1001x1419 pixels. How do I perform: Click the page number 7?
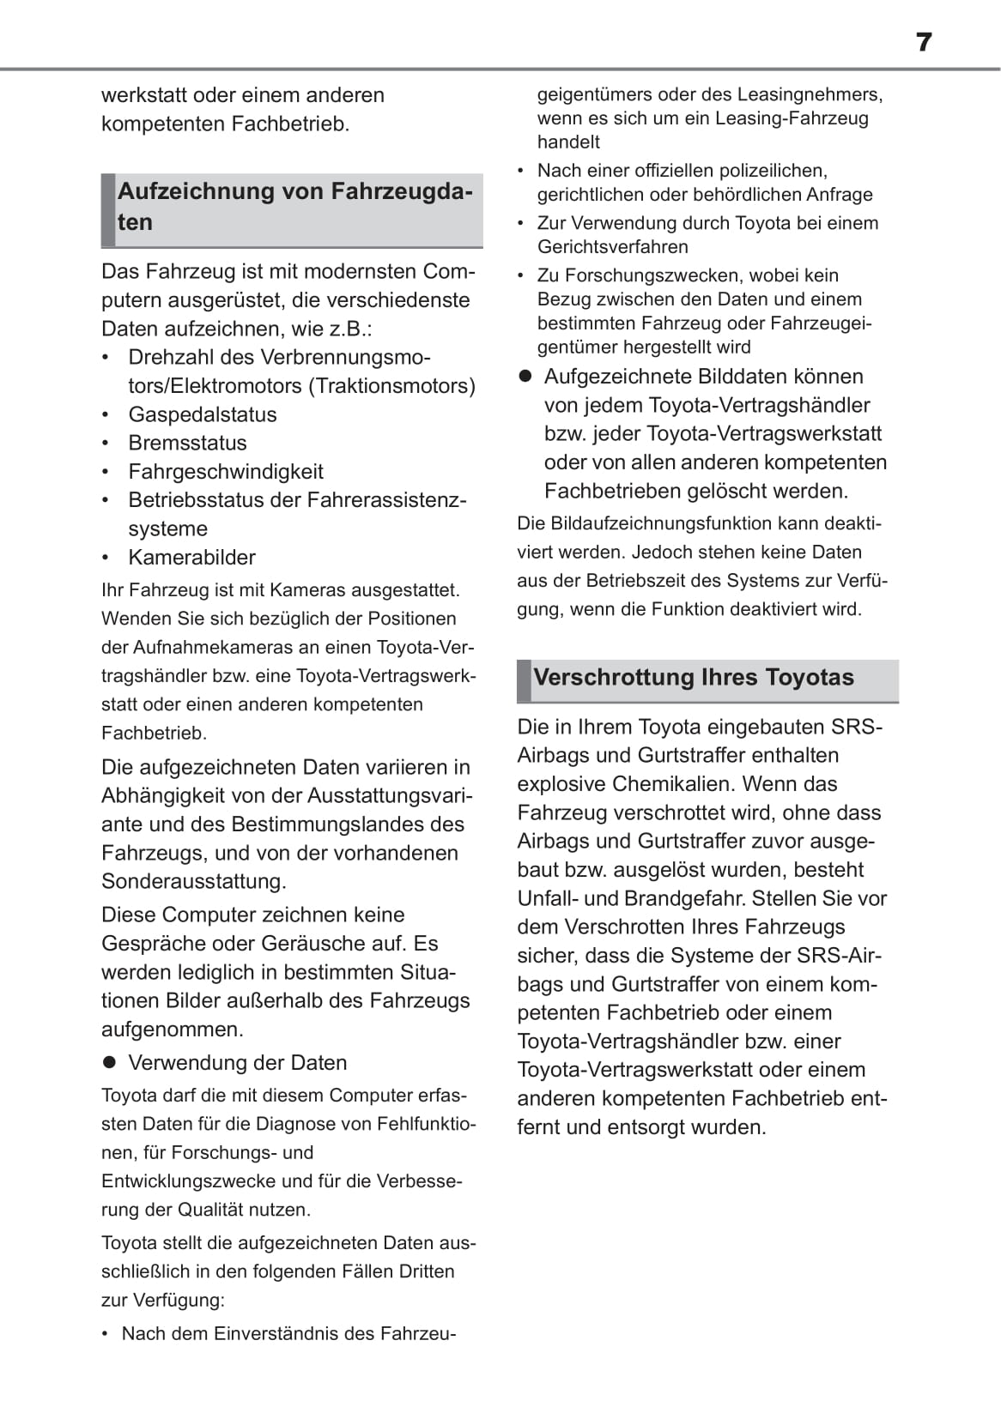click(x=923, y=42)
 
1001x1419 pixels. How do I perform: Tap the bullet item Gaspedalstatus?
click(x=203, y=414)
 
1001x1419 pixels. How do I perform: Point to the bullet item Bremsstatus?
click(x=187, y=443)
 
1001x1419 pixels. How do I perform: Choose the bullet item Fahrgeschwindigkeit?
click(x=226, y=471)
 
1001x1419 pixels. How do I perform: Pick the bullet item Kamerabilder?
click(x=191, y=557)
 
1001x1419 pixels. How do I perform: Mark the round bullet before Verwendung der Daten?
click(x=109, y=1062)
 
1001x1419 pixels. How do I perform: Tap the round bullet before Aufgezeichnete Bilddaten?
click(x=525, y=376)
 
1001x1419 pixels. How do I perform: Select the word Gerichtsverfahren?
click(x=613, y=247)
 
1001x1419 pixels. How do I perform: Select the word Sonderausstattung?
click(x=193, y=881)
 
